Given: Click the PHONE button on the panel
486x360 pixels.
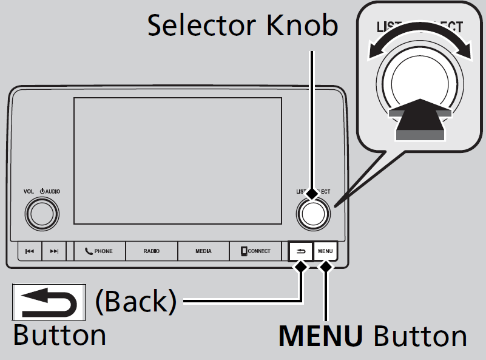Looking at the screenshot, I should pyautogui.click(x=100, y=251).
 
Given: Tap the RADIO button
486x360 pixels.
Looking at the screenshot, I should pyautogui.click(x=152, y=251).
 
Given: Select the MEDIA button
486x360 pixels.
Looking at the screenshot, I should pyautogui.click(x=203, y=251).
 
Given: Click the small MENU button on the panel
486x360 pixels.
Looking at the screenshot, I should pyautogui.click(x=325, y=251).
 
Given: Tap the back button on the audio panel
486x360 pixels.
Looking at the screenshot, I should pyautogui.click(x=302, y=251).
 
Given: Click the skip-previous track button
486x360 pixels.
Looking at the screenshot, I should pyautogui.click(x=30, y=251).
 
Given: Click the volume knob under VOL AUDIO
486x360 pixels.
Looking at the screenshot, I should pyautogui.click(x=42, y=212).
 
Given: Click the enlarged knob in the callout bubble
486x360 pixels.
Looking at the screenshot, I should pyautogui.click(x=419, y=82).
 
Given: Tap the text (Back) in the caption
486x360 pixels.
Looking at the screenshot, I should pyautogui.click(x=135, y=301).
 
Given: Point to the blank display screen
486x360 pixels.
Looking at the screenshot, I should pyautogui.click(x=178, y=161).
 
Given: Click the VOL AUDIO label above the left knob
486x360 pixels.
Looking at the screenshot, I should pyautogui.click(x=42, y=192).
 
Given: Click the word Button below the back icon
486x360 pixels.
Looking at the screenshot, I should pyautogui.click(x=59, y=335).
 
